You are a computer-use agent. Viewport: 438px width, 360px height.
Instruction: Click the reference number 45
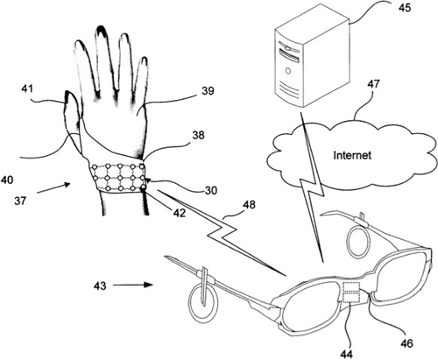point(404,7)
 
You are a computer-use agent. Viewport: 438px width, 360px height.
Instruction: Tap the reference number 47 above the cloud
point(374,84)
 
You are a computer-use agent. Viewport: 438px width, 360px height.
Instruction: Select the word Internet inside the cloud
point(352,155)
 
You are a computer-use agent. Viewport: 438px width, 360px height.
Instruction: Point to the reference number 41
point(27,88)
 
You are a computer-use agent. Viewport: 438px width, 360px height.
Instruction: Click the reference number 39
point(208,91)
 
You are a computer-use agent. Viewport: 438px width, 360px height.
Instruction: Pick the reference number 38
point(198,135)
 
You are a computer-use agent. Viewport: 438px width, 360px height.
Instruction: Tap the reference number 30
point(211,190)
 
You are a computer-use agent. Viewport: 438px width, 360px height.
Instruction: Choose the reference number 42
point(179,213)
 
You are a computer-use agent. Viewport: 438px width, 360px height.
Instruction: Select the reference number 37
point(20,201)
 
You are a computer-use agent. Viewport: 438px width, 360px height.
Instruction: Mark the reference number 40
point(7,180)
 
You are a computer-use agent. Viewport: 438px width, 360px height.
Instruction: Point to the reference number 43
point(100,286)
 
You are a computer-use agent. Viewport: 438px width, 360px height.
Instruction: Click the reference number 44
point(346,354)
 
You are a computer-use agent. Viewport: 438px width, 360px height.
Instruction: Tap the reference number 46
point(406,343)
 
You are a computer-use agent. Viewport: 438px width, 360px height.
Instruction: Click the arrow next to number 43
point(133,285)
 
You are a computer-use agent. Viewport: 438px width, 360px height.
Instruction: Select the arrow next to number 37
point(53,188)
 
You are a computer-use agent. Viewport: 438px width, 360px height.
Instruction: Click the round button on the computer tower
point(288,71)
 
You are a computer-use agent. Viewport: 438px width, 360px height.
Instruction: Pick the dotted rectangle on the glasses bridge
point(351,293)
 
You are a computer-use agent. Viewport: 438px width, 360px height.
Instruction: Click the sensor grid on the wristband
point(119,178)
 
